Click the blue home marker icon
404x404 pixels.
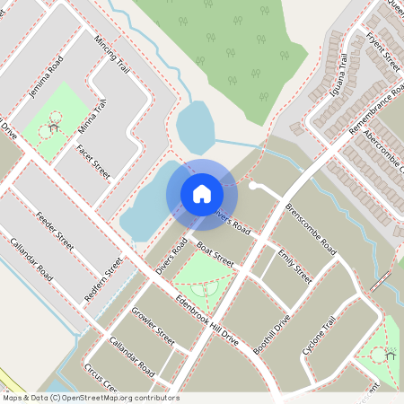click(202, 193)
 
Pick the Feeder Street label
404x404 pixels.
click(56, 229)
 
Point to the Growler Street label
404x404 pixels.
click(154, 327)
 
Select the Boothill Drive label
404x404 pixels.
click(272, 334)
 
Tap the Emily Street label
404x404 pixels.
click(295, 267)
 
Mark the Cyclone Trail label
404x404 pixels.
click(319, 336)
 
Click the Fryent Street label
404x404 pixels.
click(383, 50)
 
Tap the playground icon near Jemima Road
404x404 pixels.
click(54, 127)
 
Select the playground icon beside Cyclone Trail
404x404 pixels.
click(391, 354)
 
